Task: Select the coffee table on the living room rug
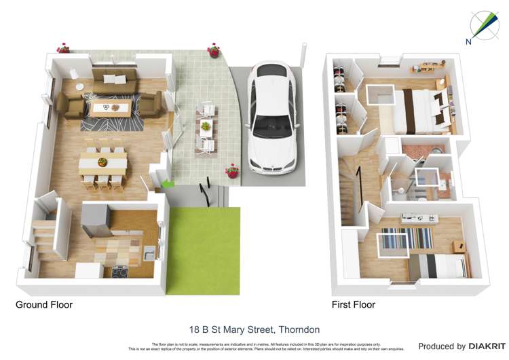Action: (111, 107)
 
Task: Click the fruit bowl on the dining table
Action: (102, 162)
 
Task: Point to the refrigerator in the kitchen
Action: (96, 219)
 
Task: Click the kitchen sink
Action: (149, 255)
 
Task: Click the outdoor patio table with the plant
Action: (206, 126)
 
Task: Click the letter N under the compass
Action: (468, 41)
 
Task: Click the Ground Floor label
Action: (44, 305)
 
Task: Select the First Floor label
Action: (353, 305)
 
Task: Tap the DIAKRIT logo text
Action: (487, 346)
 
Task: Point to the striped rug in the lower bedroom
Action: (406, 238)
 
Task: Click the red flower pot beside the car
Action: (233, 171)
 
